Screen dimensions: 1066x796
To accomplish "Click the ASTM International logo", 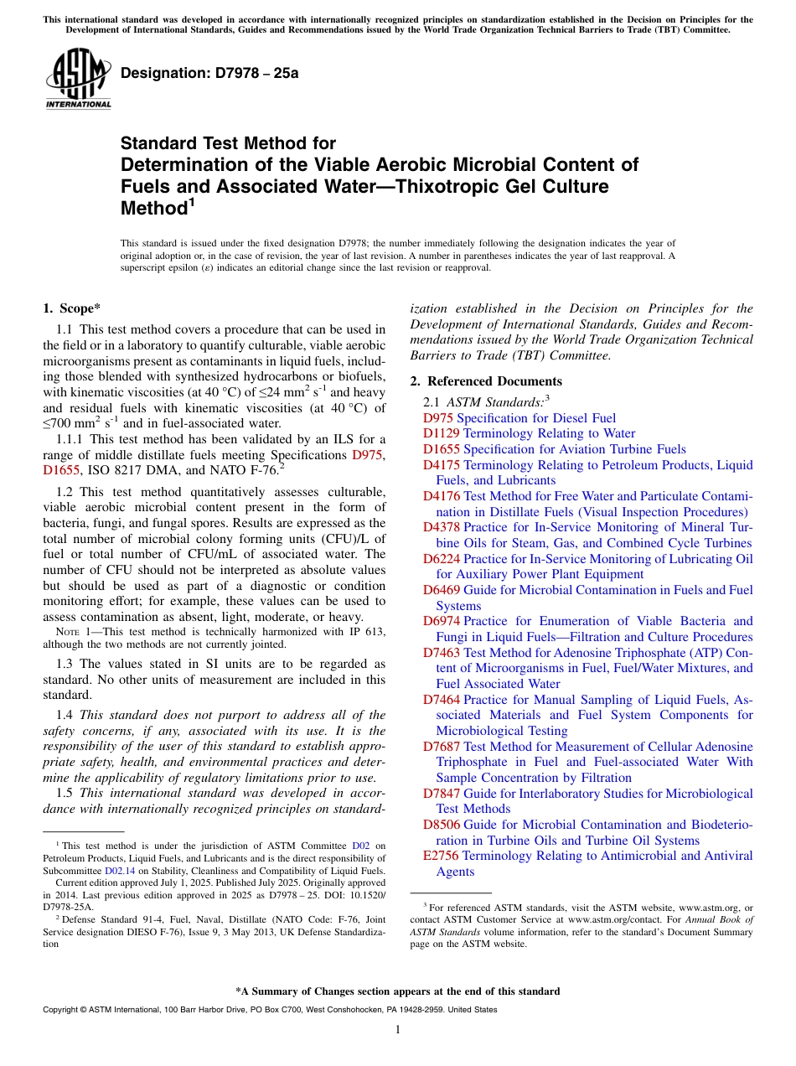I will coord(78,79).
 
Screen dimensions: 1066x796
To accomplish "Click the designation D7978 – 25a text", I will coord(209,73).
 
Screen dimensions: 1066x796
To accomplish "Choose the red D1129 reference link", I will coord(441,433).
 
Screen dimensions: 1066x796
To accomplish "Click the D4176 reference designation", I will coord(441,496).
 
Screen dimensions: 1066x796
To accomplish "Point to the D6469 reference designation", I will coord(441,590).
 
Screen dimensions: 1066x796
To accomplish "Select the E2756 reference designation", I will coord(441,856).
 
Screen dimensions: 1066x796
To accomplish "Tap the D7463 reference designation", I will coord(441,652).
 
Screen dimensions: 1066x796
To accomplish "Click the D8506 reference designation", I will coord(441,825).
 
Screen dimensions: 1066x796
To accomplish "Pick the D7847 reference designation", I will coord(441,793).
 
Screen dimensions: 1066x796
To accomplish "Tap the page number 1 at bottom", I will coord(398,1030).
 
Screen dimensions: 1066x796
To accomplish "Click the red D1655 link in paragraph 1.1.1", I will coord(60,470).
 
